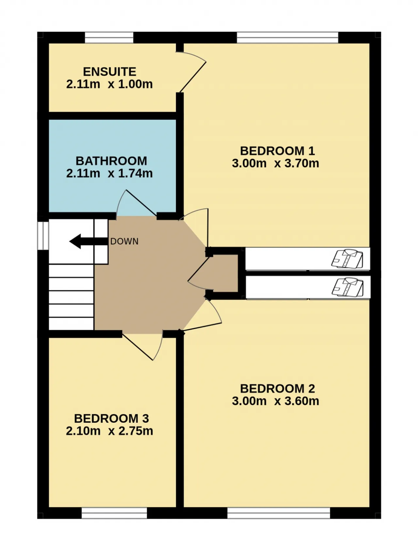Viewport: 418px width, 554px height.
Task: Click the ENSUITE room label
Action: pyautogui.click(x=109, y=72)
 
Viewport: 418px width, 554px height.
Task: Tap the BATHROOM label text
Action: pyautogui.click(x=111, y=161)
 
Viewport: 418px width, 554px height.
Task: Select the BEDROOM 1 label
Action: pyautogui.click(x=277, y=151)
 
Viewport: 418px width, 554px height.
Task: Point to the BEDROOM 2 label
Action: pyautogui.click(x=277, y=388)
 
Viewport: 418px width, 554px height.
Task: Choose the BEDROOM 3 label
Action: pyautogui.click(x=111, y=418)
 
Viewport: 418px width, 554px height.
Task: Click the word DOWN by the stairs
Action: pyautogui.click(x=124, y=241)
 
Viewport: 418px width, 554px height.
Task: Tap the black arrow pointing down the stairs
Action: pyautogui.click(x=88, y=241)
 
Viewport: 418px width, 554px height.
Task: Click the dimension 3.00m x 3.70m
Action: pyautogui.click(x=275, y=163)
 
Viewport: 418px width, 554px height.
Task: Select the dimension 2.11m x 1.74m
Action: pyautogui.click(x=109, y=173)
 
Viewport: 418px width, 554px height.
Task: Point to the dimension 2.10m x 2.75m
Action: pyautogui.click(x=109, y=431)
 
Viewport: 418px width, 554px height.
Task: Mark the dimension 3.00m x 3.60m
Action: pyautogui.click(x=275, y=401)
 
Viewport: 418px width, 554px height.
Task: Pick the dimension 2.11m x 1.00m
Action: pyautogui.click(x=109, y=84)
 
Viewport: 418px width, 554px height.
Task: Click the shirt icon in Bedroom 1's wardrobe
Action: pyautogui.click(x=347, y=259)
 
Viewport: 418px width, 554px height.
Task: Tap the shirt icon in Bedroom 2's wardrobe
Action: pyautogui.click(x=347, y=287)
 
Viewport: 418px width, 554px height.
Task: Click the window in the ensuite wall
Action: pyautogui.click(x=109, y=38)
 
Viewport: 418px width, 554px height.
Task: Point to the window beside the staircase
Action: pyautogui.click(x=43, y=236)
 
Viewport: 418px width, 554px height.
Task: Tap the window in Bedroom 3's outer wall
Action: pyautogui.click(x=114, y=513)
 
